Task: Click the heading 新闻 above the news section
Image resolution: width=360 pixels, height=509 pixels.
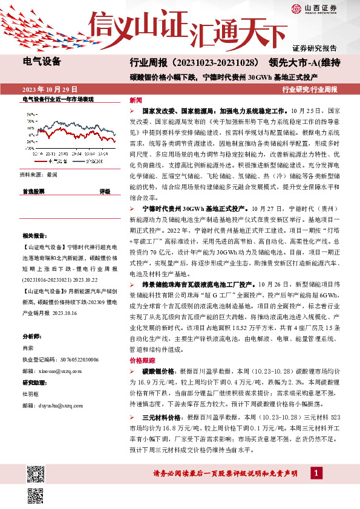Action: [x=136, y=100]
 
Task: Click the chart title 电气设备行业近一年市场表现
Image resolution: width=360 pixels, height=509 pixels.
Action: [x=58, y=99]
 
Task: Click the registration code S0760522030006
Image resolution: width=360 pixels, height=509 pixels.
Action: [x=76, y=360]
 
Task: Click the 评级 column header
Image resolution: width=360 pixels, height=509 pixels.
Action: [x=104, y=191]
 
